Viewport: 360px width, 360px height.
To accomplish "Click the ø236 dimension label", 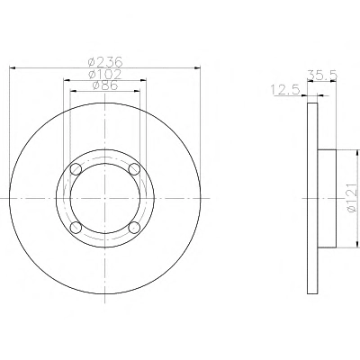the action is [105, 62].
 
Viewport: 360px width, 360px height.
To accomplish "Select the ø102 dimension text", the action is [105, 74].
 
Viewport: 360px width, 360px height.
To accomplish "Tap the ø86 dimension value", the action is [105, 85].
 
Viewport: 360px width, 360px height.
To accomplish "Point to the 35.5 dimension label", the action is [322, 75].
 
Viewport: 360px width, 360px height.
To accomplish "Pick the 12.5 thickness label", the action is [285, 89].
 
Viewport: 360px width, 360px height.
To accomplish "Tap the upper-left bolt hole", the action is [76, 169].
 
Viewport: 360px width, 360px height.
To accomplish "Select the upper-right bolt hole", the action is [134, 169].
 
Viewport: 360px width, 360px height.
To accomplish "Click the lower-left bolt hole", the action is [76, 228].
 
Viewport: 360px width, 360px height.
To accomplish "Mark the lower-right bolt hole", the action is [134, 228].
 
